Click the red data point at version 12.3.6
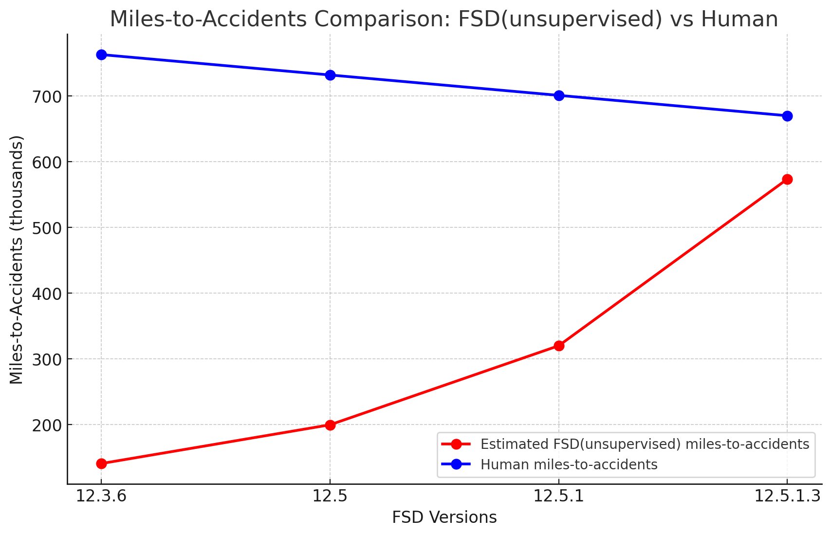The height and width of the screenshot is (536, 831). click(x=101, y=463)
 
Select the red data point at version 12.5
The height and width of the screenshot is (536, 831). click(x=330, y=425)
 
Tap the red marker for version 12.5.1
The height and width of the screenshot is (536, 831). click(x=559, y=346)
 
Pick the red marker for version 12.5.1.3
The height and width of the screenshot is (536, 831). click(x=787, y=179)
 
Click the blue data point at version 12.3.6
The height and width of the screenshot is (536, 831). click(x=101, y=55)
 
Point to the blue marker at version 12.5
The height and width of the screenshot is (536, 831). click(x=330, y=75)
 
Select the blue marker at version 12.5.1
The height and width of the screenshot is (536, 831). click(x=559, y=95)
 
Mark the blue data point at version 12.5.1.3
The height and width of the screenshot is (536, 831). click(x=787, y=116)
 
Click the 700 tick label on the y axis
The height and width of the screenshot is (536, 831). click(x=47, y=96)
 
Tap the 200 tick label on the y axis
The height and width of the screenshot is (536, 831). click(x=47, y=425)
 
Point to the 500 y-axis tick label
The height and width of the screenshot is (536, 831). click(x=47, y=228)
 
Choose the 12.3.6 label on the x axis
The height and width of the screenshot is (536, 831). click(x=101, y=496)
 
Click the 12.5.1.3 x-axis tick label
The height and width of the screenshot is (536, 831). click(x=787, y=496)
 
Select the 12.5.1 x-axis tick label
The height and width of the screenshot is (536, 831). click(x=559, y=496)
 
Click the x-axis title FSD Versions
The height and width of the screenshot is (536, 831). click(x=444, y=518)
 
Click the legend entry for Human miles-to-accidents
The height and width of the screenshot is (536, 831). click(x=569, y=464)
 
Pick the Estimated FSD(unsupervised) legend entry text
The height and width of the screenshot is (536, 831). click(x=645, y=444)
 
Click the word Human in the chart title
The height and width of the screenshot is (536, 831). click(x=739, y=19)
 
